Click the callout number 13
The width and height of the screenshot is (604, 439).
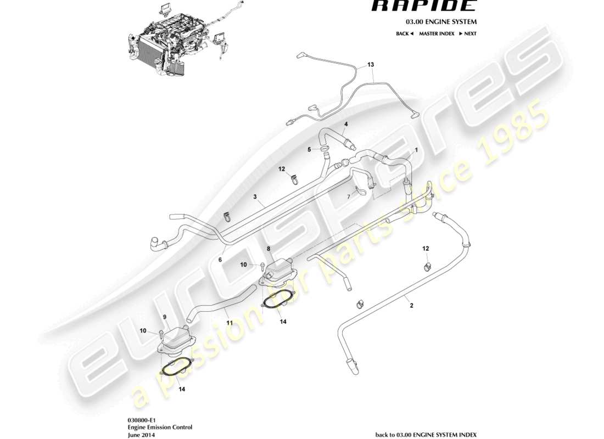point(371,65)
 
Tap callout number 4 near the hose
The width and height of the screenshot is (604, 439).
point(346,124)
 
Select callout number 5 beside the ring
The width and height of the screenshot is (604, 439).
point(309,149)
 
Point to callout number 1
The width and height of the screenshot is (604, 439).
point(416,149)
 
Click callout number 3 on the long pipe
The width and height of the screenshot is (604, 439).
point(255,196)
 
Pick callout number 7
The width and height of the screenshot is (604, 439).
point(348,196)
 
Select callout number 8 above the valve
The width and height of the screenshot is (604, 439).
point(268,249)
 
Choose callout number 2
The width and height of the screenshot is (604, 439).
point(411,306)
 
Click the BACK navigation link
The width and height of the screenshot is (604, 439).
point(404,33)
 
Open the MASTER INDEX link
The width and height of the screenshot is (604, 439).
point(437,33)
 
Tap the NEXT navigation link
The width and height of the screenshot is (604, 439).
point(468,33)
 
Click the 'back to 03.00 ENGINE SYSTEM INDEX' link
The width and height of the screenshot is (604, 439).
point(426,435)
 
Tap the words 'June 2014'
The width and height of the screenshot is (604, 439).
point(140,434)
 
